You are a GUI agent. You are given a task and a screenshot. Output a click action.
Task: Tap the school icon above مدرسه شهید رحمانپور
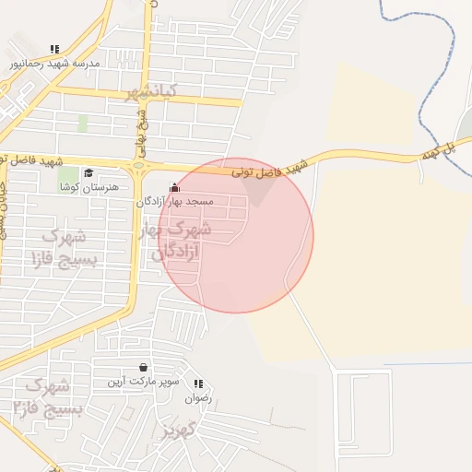pyautogui.click(x=54, y=49)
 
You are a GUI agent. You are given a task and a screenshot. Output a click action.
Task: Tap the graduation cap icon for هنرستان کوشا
pyautogui.click(x=88, y=172)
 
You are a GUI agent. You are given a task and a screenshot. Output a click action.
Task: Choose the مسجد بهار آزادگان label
pyautogui.click(x=175, y=201)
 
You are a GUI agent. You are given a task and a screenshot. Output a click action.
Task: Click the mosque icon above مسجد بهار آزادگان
pyautogui.click(x=174, y=187)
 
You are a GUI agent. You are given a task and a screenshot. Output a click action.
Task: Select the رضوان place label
pyautogui.click(x=198, y=398)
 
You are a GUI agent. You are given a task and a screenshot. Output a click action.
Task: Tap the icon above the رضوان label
pyautogui.click(x=198, y=383)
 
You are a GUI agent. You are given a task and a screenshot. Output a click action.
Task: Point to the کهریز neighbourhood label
pyautogui.click(x=180, y=429)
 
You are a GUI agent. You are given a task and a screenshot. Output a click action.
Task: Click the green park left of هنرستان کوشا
pyautogui.click(x=67, y=175)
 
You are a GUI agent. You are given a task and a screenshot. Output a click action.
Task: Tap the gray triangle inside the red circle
pyautogui.click(x=261, y=190)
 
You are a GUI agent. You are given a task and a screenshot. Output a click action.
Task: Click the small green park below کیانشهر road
pyautogui.click(x=83, y=124)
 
